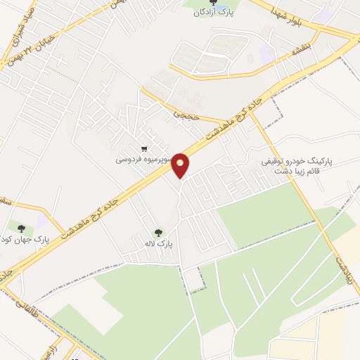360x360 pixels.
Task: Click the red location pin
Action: [x=181, y=165]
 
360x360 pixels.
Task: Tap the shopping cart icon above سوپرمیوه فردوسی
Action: [x=144, y=148]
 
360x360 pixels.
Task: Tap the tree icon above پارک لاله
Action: [x=157, y=232]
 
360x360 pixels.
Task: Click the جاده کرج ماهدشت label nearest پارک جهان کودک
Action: [x=88, y=217]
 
